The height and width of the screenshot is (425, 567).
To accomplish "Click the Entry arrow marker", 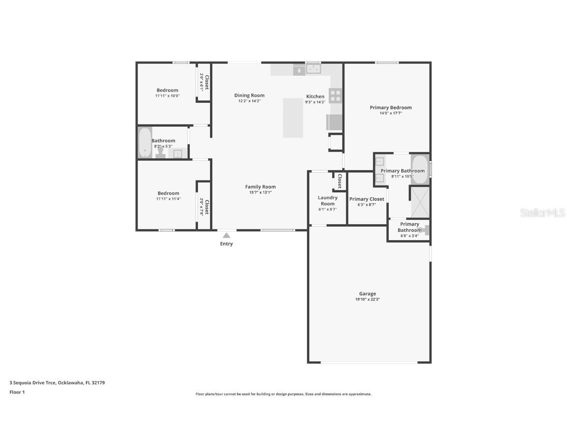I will (226, 235).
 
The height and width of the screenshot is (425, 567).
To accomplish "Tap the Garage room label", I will (367, 294).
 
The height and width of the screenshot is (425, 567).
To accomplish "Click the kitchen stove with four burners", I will (336, 95).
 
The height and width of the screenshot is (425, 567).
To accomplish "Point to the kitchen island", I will (293, 118).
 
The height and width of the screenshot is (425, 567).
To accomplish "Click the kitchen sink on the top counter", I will (313, 69).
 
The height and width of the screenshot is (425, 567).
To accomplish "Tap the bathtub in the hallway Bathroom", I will (145, 143).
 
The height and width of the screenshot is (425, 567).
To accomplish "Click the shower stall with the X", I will (420, 202).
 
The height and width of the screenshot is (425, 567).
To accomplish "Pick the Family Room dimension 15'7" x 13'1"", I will (260, 192).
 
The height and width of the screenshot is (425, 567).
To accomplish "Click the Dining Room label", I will (249, 95).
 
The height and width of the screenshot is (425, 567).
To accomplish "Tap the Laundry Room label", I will (327, 201).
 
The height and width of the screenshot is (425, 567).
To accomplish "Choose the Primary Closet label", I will (367, 199).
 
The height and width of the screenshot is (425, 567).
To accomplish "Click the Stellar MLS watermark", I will (543, 213).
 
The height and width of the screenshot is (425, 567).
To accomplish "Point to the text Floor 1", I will (17, 392).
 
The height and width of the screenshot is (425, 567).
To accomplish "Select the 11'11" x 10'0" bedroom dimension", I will (167, 96).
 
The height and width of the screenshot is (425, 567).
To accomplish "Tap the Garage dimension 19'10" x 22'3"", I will (367, 299).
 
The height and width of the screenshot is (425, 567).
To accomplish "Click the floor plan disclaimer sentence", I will (283, 394).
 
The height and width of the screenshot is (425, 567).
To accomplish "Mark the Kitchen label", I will (315, 96).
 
